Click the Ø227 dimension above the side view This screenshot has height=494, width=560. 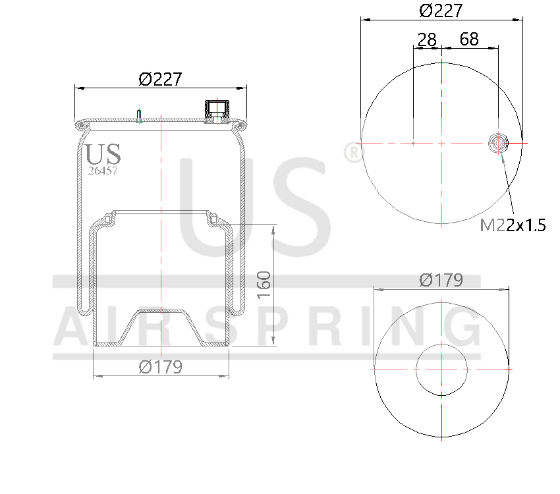point(160,79)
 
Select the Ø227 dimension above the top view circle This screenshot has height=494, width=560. point(441,11)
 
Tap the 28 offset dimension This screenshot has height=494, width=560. point(427,40)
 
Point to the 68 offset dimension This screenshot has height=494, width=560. point(468,40)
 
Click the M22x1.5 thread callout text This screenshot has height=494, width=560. point(513,225)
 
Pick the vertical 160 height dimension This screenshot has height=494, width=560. point(264,285)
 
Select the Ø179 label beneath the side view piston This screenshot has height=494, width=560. point(160,367)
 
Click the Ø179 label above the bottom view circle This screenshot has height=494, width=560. point(441,280)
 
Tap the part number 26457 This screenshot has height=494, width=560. point(103,171)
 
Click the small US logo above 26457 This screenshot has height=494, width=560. point(103,153)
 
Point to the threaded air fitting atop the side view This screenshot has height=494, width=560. point(215,111)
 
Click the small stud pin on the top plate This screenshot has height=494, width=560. point(139,115)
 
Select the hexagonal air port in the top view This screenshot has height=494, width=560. point(498,142)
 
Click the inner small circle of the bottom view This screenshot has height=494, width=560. point(441,370)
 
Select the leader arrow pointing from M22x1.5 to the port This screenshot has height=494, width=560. point(507,181)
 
